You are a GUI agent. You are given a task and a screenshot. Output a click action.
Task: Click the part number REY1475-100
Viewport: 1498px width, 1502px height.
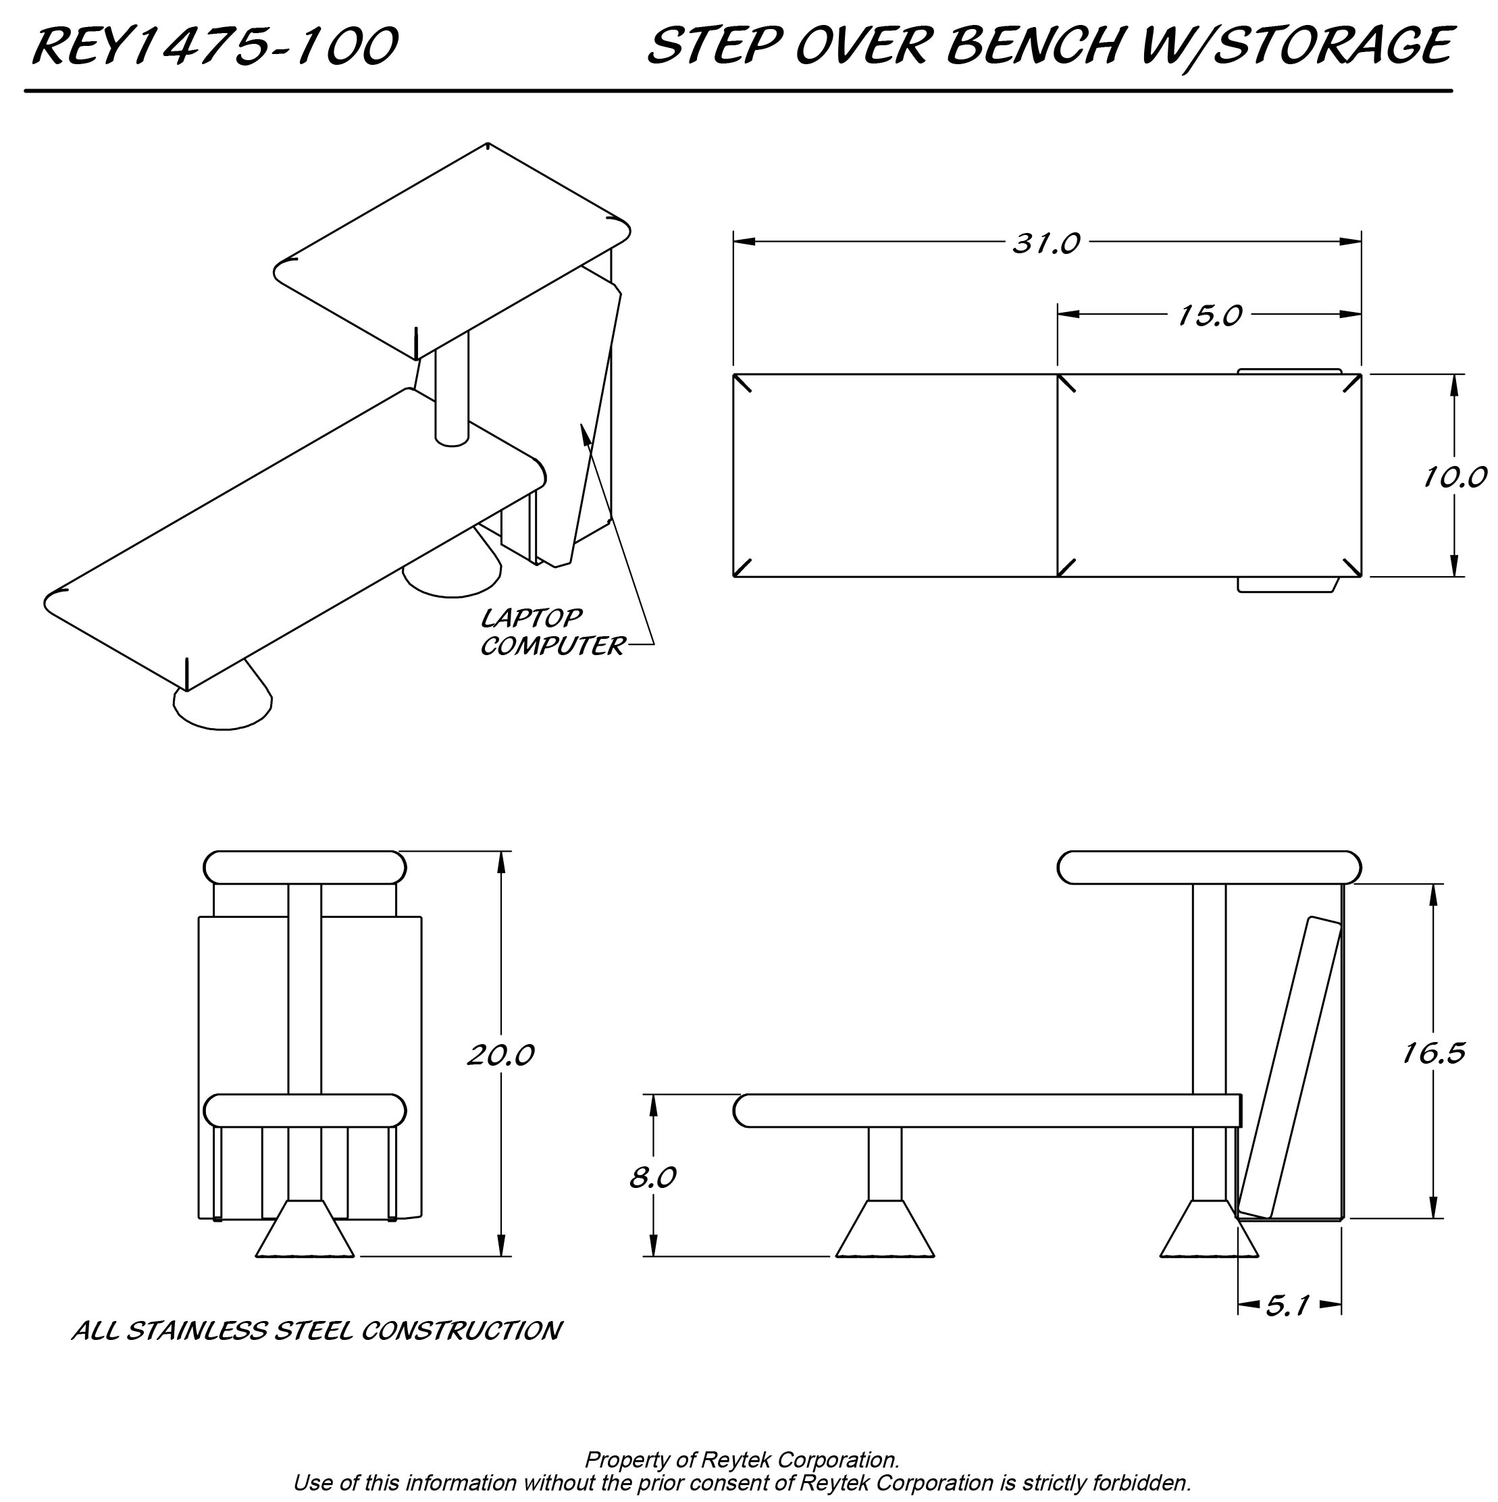click(x=215, y=47)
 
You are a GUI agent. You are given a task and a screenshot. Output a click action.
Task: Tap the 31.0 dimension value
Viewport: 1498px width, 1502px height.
click(x=1045, y=244)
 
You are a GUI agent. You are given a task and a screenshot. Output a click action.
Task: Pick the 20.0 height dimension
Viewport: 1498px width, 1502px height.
click(x=500, y=1055)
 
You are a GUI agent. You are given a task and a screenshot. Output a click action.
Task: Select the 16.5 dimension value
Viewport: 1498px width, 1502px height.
click(x=1433, y=1054)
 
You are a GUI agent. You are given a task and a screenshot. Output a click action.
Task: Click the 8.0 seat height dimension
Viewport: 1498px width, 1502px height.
click(x=652, y=1177)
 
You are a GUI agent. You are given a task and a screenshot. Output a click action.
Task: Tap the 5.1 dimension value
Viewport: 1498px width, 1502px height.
click(x=1288, y=1306)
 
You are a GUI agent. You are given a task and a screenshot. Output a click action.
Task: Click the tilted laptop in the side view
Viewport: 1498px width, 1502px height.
click(x=1291, y=1069)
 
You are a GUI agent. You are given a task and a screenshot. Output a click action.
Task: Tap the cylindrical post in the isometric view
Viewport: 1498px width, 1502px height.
click(x=452, y=389)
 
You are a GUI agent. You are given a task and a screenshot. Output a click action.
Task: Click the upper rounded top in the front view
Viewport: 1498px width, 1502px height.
click(x=305, y=868)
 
